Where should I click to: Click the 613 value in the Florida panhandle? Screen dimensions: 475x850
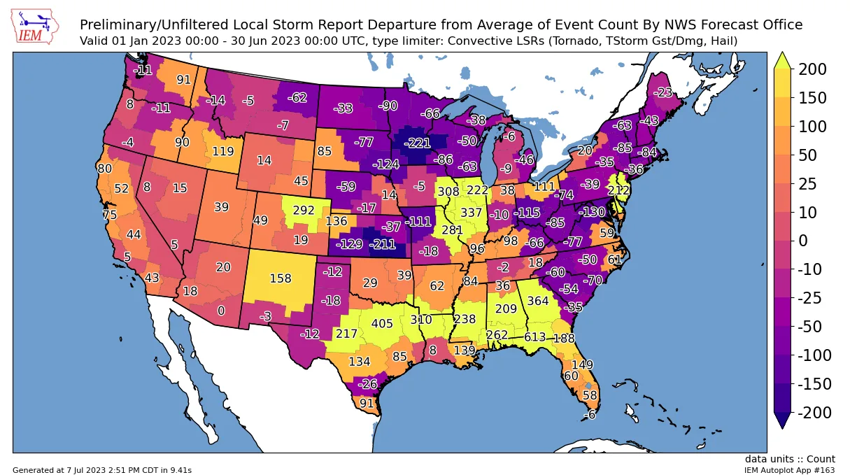pos(534,337)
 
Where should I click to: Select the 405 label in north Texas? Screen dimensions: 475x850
pos(382,323)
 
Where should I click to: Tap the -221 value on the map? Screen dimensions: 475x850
pos(420,143)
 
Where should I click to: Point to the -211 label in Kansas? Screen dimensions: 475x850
pos(383,245)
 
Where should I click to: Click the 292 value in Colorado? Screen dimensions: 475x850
pos(304,209)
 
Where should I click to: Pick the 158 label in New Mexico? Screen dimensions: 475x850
pos(280,278)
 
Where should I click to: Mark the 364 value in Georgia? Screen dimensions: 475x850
pos(538,301)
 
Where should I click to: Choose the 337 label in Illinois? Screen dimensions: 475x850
pos(471,213)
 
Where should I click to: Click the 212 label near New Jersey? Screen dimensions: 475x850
pos(619,190)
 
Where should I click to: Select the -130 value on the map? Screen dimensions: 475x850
pos(593,212)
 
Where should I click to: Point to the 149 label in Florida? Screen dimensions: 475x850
pos(582,364)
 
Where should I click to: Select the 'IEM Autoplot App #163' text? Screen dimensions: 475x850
pos(789,470)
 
